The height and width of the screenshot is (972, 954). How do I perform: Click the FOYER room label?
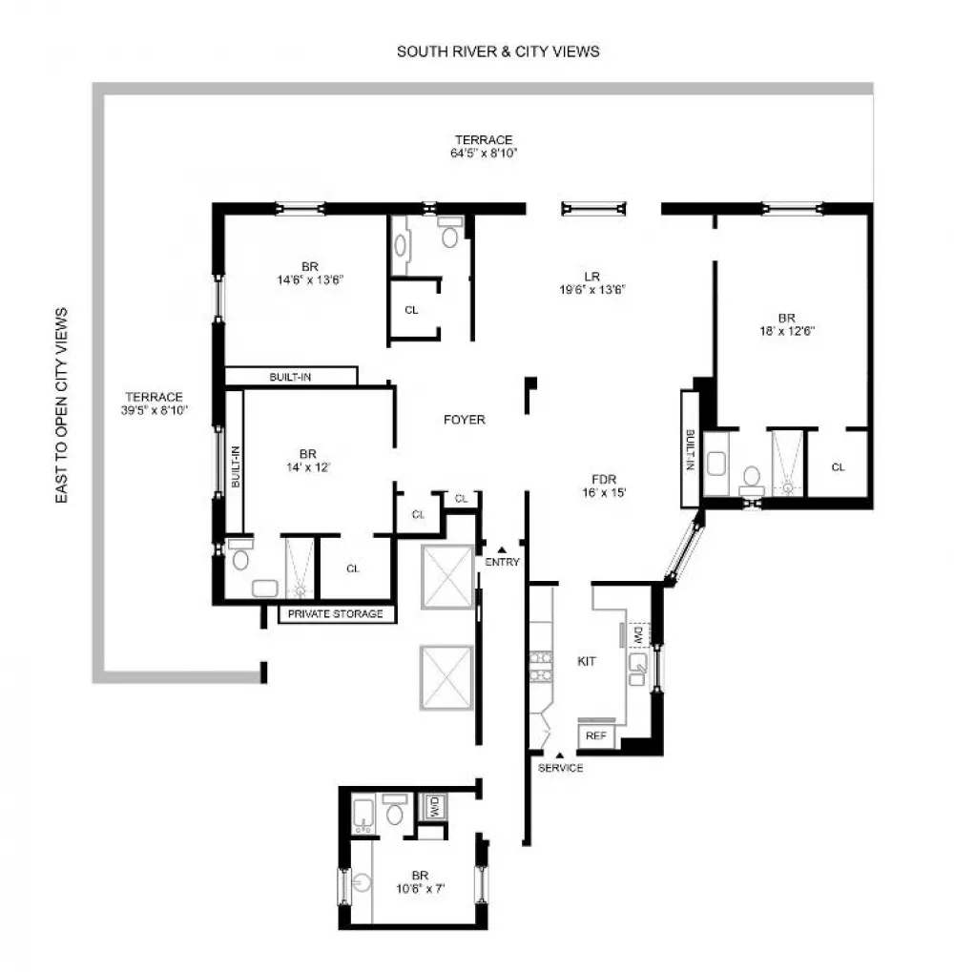click(465, 420)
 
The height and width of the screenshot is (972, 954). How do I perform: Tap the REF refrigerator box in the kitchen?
click(595, 735)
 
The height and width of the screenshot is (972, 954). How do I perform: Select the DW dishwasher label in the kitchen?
click(639, 634)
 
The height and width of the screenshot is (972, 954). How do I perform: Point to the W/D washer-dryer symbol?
click(433, 807)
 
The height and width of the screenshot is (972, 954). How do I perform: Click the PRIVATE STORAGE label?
click(336, 613)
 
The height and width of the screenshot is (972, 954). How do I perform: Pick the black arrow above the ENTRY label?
click(502, 549)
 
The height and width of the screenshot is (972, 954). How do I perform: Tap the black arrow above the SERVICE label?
click(560, 755)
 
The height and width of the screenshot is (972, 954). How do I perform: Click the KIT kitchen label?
click(587, 661)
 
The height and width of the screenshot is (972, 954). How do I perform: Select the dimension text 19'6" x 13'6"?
click(592, 289)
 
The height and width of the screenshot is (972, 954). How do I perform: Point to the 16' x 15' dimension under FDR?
click(604, 493)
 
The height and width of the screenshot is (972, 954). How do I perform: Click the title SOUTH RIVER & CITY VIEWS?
click(498, 52)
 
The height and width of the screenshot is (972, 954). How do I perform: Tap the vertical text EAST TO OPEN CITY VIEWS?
click(61, 405)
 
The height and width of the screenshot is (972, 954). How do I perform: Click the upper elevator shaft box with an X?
click(446, 576)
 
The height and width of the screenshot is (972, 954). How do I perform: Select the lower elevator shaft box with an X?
click(446, 677)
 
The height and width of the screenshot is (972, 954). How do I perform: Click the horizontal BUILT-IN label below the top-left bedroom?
click(290, 377)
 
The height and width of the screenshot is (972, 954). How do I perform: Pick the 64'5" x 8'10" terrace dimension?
click(484, 154)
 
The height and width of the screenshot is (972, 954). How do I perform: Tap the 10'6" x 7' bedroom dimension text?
click(421, 888)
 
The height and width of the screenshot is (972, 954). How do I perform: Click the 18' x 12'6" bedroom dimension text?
click(787, 331)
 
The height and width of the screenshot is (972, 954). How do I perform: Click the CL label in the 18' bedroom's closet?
click(838, 467)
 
